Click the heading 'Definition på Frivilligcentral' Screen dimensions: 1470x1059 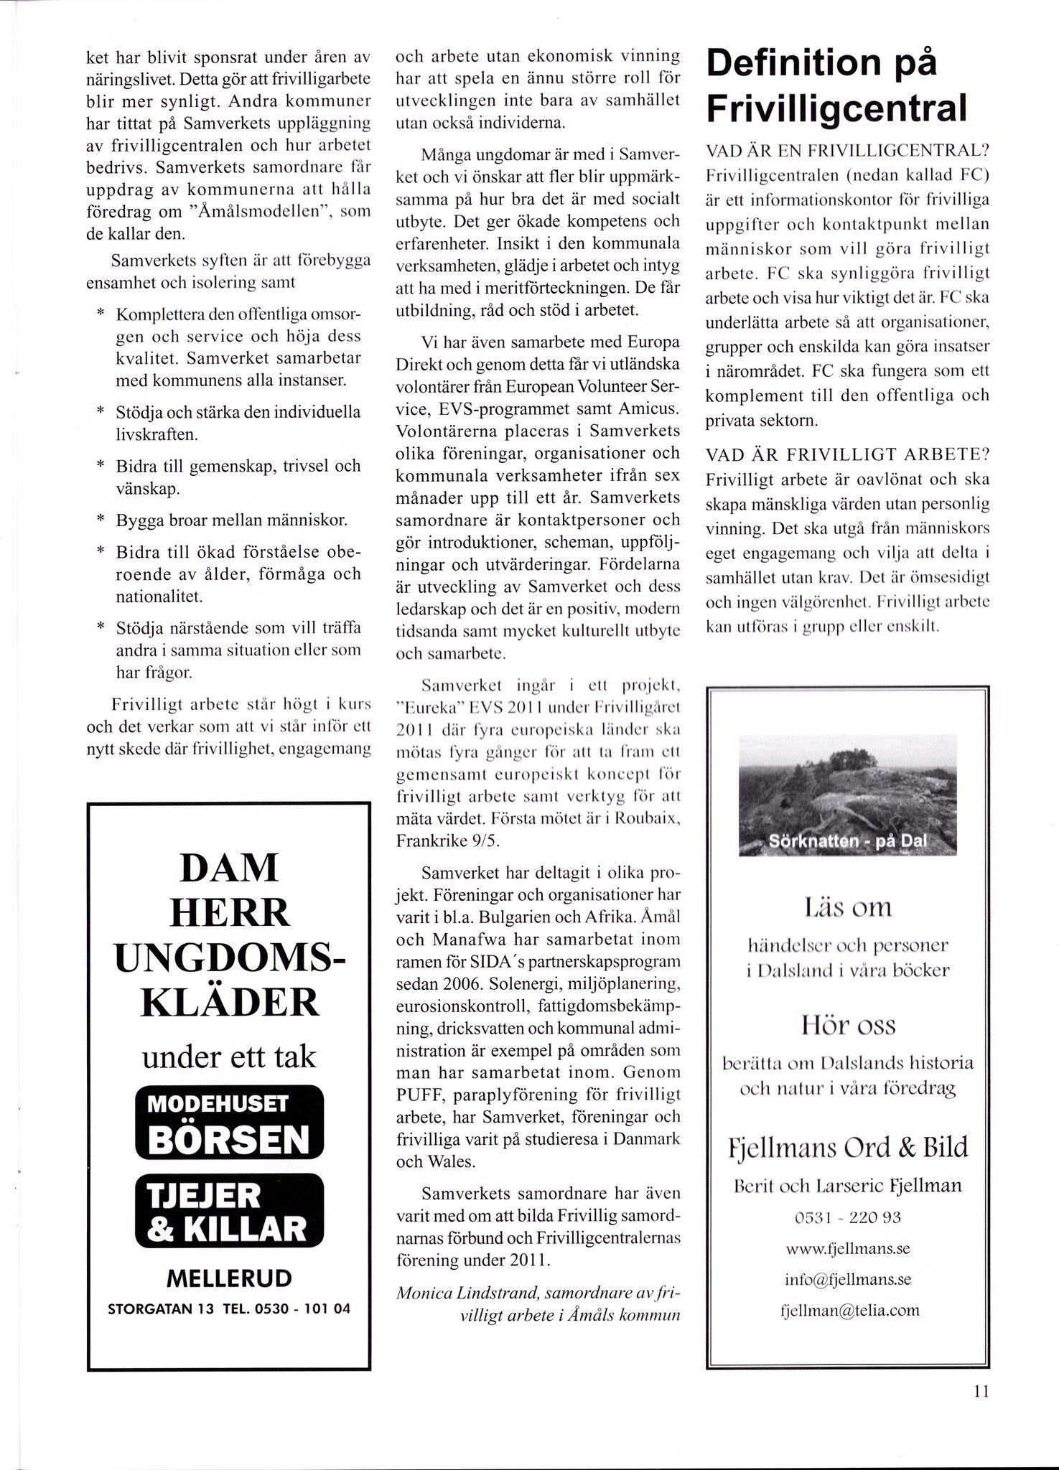tap(836, 86)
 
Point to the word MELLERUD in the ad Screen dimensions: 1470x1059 tap(229, 1278)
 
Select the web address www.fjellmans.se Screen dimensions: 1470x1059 tap(848, 1248)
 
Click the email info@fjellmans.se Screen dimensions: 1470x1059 tap(848, 1279)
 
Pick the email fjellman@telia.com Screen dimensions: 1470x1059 tap(849, 1310)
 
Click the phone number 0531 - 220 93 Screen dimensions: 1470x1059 tap(848, 1217)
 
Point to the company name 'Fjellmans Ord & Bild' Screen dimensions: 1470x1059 tap(848, 1146)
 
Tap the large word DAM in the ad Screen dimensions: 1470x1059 tap(229, 867)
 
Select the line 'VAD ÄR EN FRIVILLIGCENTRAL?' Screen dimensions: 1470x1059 tap(848, 151)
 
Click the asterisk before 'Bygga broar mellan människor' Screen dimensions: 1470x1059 tap(101, 519)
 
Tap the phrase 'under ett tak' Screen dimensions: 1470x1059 tap(229, 1057)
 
